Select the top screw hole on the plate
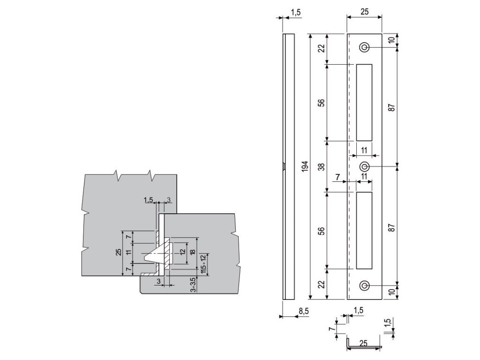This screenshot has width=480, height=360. (364, 47)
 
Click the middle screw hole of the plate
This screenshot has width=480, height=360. (364, 166)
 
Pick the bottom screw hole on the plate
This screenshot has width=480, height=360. (364, 286)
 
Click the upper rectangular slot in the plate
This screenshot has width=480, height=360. (364, 102)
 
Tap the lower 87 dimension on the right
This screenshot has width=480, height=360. (392, 226)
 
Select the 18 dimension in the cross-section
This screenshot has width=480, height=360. (193, 254)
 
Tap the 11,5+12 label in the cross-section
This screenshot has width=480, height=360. (203, 263)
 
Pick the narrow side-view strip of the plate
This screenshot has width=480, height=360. (288, 166)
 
